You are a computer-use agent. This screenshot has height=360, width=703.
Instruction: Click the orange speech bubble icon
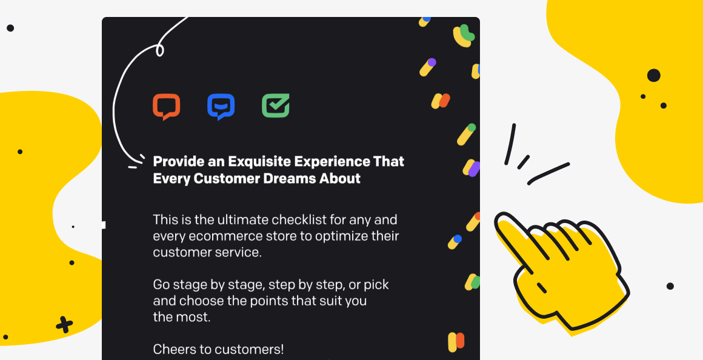click(x=166, y=107)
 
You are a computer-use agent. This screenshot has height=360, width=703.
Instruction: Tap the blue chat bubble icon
click(x=221, y=107)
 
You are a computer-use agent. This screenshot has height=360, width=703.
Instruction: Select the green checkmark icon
click(x=276, y=106)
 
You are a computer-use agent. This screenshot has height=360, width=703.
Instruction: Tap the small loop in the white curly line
click(x=159, y=50)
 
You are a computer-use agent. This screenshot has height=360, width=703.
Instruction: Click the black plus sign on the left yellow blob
click(x=64, y=325)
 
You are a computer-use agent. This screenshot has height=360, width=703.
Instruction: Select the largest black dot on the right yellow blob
click(x=654, y=75)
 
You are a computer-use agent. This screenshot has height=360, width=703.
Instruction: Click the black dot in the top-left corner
click(x=10, y=28)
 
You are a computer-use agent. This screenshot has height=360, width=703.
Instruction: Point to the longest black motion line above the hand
click(x=549, y=173)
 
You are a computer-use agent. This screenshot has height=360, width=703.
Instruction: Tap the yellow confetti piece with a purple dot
click(x=428, y=67)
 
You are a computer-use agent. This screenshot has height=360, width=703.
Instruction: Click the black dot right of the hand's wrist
click(x=670, y=286)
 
